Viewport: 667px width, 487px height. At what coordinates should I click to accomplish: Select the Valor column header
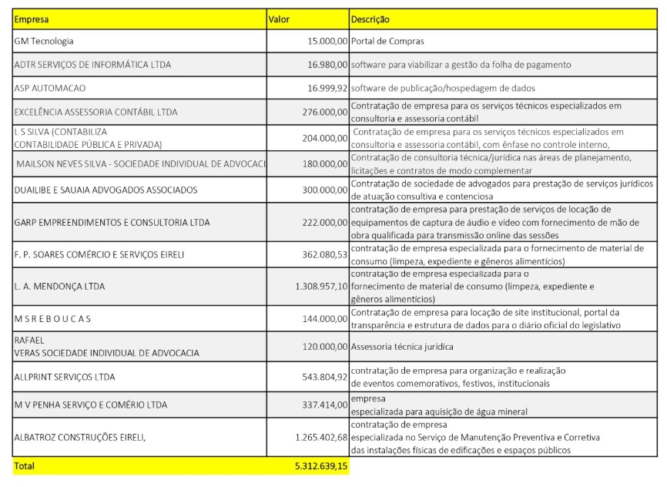pyautogui.click(x=278, y=18)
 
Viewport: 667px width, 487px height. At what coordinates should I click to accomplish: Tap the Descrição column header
pyautogui.click(x=370, y=18)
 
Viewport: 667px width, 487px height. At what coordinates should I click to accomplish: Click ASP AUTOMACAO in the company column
pyautogui.click(x=50, y=88)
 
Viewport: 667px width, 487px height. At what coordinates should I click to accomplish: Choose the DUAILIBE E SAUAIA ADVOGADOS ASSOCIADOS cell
pyautogui.click(x=106, y=190)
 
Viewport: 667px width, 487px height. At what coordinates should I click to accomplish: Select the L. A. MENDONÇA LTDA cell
pyautogui.click(x=59, y=287)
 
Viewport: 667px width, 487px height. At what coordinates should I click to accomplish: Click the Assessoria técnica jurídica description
pyautogui.click(x=402, y=347)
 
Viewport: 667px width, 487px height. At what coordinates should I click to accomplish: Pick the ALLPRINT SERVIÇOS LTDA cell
pyautogui.click(x=65, y=377)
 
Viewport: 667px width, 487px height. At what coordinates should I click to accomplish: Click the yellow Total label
pyautogui.click(x=24, y=465)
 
